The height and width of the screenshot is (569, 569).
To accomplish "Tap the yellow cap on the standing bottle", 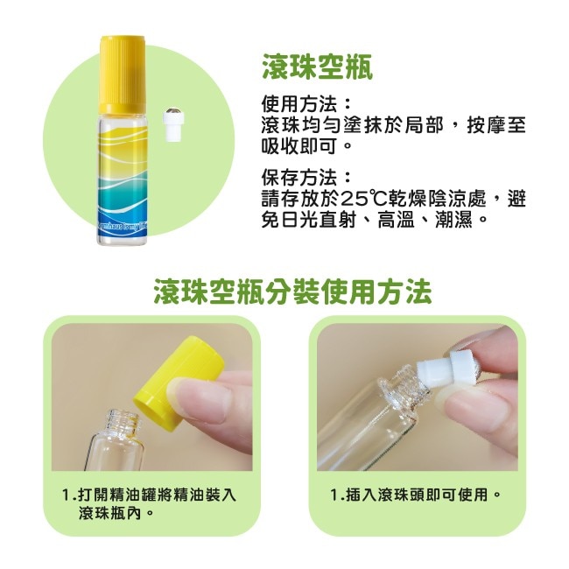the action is [x=123, y=74].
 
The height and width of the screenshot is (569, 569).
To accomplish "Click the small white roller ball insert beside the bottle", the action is [x=174, y=123].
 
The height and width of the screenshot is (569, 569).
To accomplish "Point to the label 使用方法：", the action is [x=306, y=104].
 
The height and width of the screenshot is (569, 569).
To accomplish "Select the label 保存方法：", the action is [x=306, y=178].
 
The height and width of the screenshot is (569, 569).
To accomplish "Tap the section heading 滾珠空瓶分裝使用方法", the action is [x=292, y=292].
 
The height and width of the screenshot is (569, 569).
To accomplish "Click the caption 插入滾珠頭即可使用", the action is [x=416, y=495].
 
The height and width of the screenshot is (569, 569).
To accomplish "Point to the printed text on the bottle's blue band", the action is [x=123, y=228].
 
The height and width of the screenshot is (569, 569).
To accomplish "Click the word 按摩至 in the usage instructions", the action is [x=496, y=125].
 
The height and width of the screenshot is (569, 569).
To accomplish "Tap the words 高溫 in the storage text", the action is [x=396, y=220].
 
